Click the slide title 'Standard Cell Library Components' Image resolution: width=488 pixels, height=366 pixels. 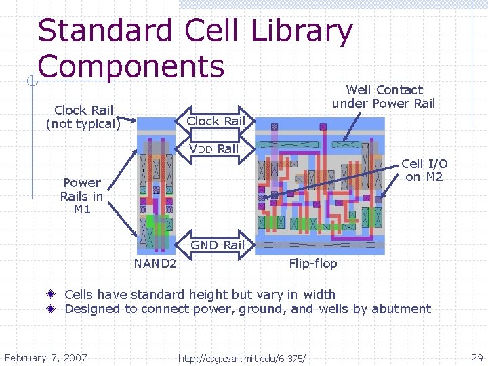click(x=195, y=48)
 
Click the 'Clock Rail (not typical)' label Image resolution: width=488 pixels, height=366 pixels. click(x=83, y=117)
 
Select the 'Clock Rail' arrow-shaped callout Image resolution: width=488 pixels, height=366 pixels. click(x=215, y=121)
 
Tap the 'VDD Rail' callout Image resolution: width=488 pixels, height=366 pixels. click(x=213, y=148)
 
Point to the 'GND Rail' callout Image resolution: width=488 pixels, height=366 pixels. click(x=218, y=245)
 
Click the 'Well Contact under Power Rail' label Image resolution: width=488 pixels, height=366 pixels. click(x=384, y=96)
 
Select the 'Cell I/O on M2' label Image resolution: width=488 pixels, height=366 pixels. click(x=424, y=170)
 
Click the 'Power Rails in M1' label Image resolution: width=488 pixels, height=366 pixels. click(x=82, y=196)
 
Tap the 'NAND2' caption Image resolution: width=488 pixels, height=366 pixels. click(x=156, y=263)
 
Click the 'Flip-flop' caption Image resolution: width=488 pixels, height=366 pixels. click(x=312, y=263)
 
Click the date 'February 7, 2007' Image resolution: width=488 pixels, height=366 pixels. click(x=46, y=357)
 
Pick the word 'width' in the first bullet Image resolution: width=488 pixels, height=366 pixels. click(x=319, y=294)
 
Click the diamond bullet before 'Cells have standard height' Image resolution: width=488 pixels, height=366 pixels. click(x=52, y=294)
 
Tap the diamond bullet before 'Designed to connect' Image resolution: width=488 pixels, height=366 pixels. click(x=52, y=309)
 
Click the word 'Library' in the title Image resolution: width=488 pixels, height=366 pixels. click(x=301, y=31)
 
